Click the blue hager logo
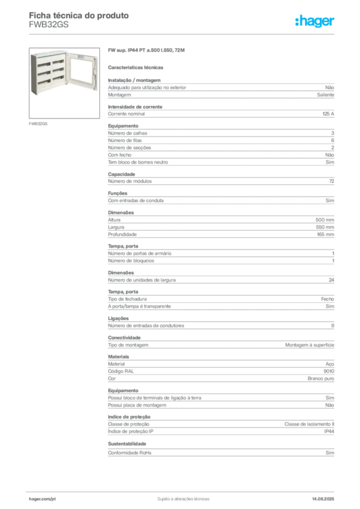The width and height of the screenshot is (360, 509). click(315, 21)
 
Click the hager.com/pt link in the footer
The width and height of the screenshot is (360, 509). click(42, 498)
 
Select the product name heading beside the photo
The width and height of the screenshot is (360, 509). click(147, 51)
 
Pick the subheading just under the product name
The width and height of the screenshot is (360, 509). click(137, 66)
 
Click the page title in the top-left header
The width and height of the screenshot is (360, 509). click(80, 16)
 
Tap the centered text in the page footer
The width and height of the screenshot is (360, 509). click(180, 497)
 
